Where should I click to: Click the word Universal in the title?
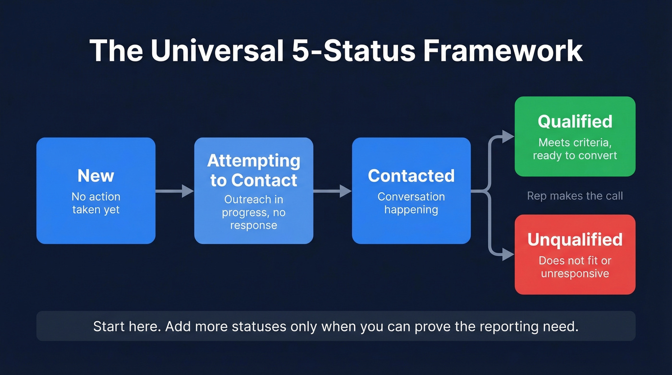click(216, 50)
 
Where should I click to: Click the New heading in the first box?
click(96, 176)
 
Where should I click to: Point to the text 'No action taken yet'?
click(96, 203)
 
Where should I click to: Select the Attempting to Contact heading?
click(253, 170)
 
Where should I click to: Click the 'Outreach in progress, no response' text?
click(253, 212)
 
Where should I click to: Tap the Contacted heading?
click(411, 176)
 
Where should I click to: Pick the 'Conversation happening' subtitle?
click(411, 203)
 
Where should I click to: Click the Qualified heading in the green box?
click(575, 121)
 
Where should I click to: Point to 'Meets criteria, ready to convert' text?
click(575, 149)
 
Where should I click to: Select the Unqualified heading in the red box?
click(575, 239)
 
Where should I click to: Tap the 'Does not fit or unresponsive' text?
click(575, 267)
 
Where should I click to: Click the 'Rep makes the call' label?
click(575, 195)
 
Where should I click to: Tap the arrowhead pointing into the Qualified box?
click(508, 136)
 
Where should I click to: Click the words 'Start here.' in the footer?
click(127, 327)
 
